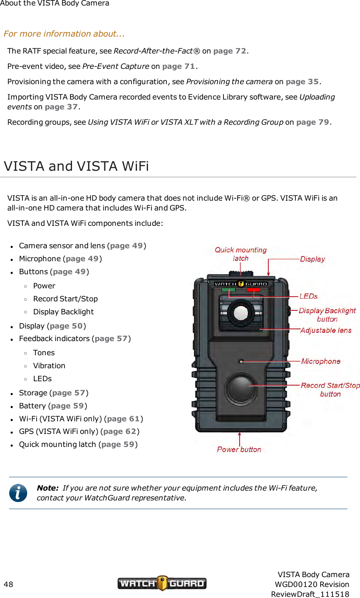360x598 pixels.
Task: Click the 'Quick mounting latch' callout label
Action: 240,254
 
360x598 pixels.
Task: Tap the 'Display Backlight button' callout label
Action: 327,315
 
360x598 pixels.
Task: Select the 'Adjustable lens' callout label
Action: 326,330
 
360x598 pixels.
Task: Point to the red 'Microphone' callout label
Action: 321,362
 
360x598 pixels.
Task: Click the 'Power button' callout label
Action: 239,449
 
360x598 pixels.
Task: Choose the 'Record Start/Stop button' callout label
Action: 330,389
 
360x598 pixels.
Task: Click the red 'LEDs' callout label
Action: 308,296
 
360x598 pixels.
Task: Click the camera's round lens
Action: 241,313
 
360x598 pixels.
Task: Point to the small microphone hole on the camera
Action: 241,362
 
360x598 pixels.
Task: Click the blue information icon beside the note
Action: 18,493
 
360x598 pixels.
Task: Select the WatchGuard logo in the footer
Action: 162,583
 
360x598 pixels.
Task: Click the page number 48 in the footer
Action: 8,584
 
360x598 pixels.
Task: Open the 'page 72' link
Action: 230,51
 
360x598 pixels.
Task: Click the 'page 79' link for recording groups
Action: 313,122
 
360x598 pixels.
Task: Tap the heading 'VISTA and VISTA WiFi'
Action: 76,166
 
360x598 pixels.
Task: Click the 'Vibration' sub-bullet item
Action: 49,366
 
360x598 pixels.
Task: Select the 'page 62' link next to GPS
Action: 120,432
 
